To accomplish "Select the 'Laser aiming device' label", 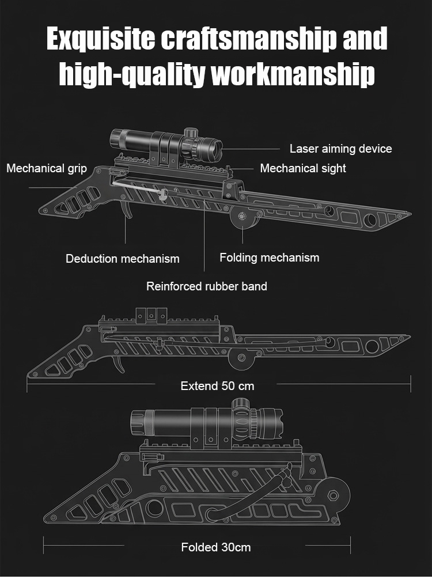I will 340,149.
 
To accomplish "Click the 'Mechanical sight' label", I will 303,168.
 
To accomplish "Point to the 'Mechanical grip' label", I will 47,168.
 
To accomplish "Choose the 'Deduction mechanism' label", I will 122,259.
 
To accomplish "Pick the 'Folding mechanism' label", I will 269,258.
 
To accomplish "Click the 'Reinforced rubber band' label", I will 206,286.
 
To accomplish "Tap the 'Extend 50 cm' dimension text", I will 217,385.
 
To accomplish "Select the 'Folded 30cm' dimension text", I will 216,547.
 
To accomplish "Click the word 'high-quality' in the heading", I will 131,74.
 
